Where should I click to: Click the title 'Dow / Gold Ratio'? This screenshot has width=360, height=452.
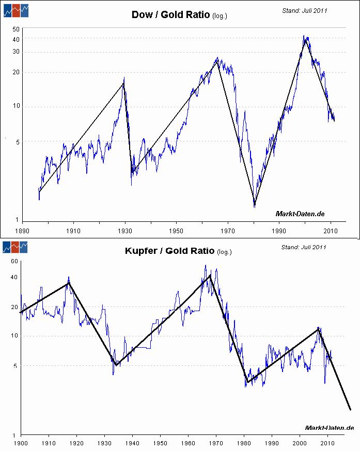click(x=170, y=14)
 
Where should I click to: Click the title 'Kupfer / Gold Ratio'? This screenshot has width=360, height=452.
click(x=169, y=251)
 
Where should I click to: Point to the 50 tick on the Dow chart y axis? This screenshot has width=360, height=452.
click(x=16, y=29)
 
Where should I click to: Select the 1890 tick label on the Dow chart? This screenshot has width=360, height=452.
click(x=21, y=232)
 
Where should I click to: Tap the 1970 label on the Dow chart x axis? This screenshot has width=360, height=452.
click(x=228, y=232)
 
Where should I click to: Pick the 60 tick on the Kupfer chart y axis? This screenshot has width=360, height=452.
click(x=14, y=262)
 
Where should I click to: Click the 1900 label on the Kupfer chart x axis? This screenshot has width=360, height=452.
click(x=21, y=443)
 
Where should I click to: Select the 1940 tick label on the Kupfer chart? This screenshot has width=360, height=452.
click(x=132, y=443)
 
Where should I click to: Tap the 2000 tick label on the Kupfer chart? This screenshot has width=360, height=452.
click(x=300, y=443)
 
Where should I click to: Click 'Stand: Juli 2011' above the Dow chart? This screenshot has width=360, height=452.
click(x=305, y=10)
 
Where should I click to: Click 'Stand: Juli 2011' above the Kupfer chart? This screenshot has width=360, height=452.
click(x=304, y=247)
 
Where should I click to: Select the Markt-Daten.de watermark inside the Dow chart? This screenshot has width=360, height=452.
click(x=300, y=214)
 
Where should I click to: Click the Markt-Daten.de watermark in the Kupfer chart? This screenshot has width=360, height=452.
click(x=329, y=428)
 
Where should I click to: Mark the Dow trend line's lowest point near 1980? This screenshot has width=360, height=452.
click(x=255, y=203)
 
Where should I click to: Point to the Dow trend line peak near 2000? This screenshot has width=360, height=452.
click(x=305, y=40)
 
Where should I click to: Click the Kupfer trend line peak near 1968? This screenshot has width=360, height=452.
click(x=210, y=276)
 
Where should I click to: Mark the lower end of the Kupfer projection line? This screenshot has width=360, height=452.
click(x=350, y=410)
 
